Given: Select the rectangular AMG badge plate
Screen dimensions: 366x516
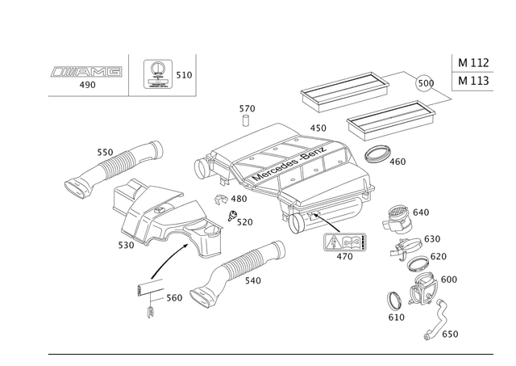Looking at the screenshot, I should (344, 242).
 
